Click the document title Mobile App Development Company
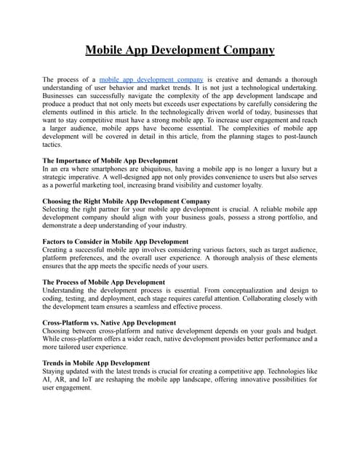(180, 50)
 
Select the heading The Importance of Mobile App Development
(110, 160)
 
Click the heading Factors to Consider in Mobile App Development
(116, 241)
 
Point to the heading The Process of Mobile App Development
(103, 282)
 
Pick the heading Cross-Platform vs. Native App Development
(109, 323)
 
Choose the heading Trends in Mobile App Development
(96, 363)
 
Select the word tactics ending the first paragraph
(54, 145)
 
